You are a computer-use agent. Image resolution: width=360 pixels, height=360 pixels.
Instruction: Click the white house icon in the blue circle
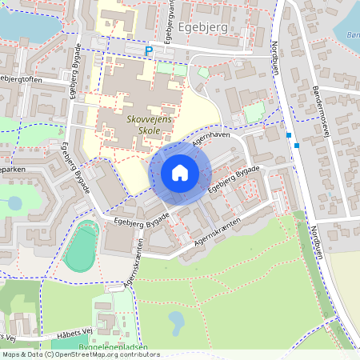point(180,173)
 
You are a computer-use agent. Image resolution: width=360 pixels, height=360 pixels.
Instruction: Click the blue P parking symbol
point(148,51)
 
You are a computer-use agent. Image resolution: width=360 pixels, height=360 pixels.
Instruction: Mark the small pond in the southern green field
point(176,323)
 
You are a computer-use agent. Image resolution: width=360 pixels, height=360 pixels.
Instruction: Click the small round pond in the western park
point(15,202)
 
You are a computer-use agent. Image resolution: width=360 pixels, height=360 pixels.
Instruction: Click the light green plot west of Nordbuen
point(254,113)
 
